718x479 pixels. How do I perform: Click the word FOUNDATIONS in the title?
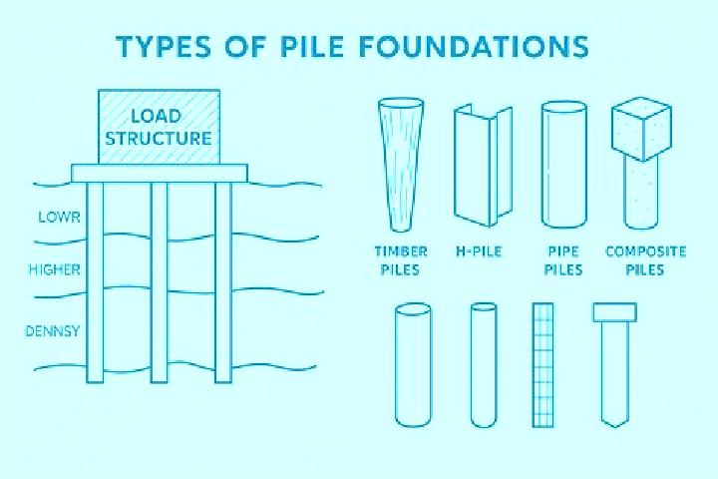tap(475, 46)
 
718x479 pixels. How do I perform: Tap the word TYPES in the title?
tap(164, 46)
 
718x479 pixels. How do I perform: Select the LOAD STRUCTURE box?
tap(159, 127)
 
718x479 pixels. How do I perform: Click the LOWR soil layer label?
tap(59, 217)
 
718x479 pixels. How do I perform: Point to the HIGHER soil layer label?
tap(55, 269)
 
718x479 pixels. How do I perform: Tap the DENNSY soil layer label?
tap(53, 331)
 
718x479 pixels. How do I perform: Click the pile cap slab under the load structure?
tap(160, 173)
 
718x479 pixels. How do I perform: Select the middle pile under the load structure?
tap(160, 281)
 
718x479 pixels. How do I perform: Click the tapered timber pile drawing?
tap(401, 164)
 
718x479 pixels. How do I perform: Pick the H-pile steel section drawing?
tap(483, 166)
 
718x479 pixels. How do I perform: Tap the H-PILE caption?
tap(479, 251)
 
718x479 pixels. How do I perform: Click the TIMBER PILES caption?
tap(401, 260)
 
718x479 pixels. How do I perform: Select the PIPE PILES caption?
tap(563, 260)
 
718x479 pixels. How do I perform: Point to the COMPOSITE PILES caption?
tap(645, 260)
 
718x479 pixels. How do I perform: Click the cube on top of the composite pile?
tap(642, 129)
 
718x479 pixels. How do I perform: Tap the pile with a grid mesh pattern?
tap(543, 365)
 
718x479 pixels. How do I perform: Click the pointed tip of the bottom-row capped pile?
tap(615, 426)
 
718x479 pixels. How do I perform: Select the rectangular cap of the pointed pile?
tap(614, 311)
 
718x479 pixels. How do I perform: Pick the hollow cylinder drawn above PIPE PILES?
tap(564, 165)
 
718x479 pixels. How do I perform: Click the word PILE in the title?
tap(311, 46)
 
